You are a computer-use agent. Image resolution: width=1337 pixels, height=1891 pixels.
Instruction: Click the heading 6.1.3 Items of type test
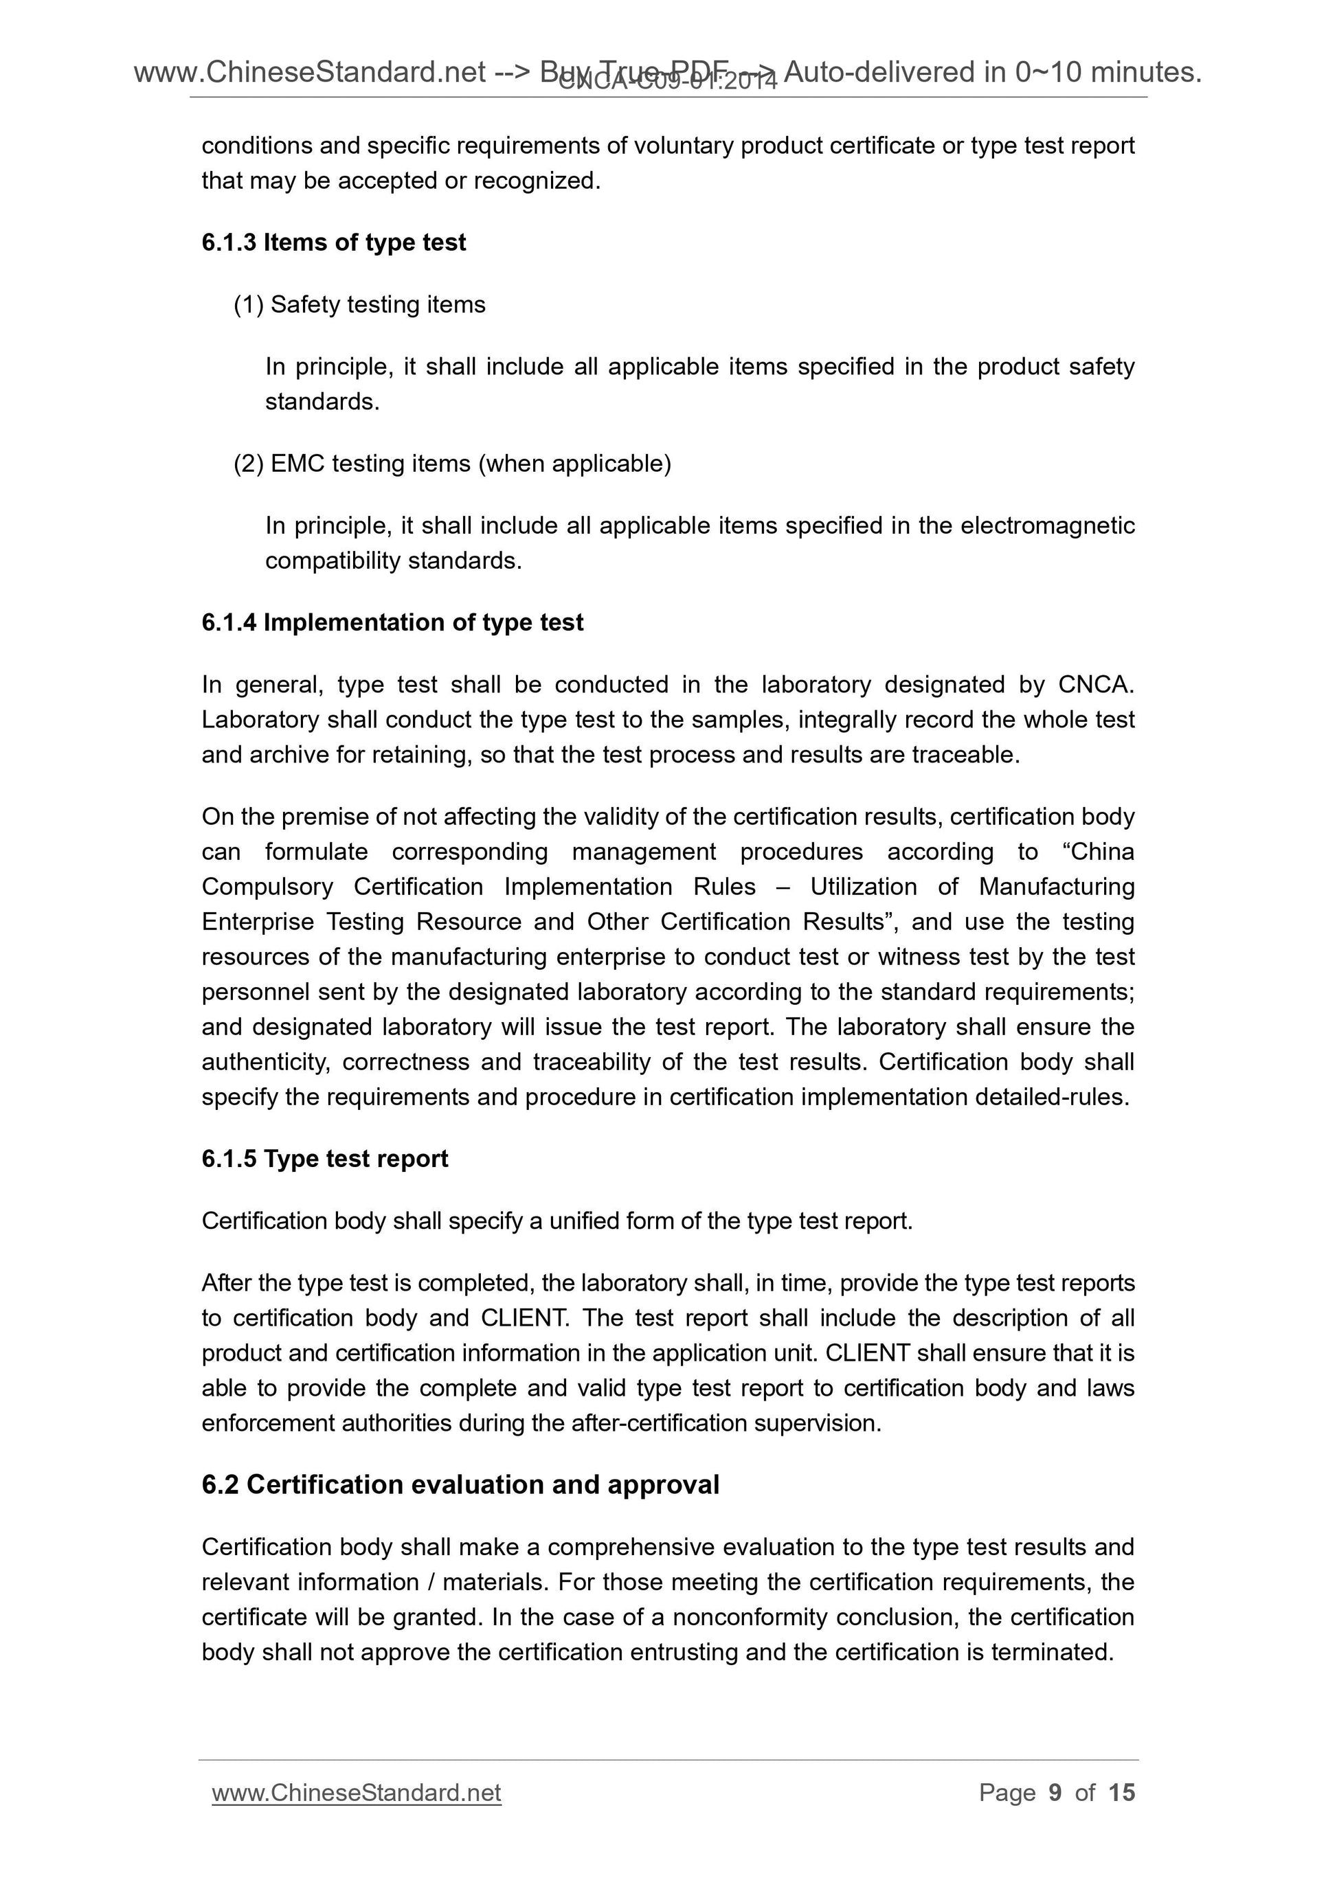point(334,243)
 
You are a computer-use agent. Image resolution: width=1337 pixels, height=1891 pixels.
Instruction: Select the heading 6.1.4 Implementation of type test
point(392,622)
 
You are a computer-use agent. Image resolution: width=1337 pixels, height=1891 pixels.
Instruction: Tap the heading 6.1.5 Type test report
point(324,1159)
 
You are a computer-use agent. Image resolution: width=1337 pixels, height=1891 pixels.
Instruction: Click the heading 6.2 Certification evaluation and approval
point(460,1485)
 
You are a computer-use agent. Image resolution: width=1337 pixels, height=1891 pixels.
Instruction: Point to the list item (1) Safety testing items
point(360,305)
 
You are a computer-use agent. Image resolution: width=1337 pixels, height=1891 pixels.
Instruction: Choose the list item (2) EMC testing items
point(452,464)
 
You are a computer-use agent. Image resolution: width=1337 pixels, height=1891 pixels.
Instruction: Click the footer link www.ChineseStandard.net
point(356,1793)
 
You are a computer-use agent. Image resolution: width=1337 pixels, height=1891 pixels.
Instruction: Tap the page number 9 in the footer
point(1055,1793)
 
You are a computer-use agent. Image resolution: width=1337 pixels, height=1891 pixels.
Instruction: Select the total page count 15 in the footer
point(1121,1793)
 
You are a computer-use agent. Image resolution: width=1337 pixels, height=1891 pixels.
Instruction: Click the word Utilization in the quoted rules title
point(864,887)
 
